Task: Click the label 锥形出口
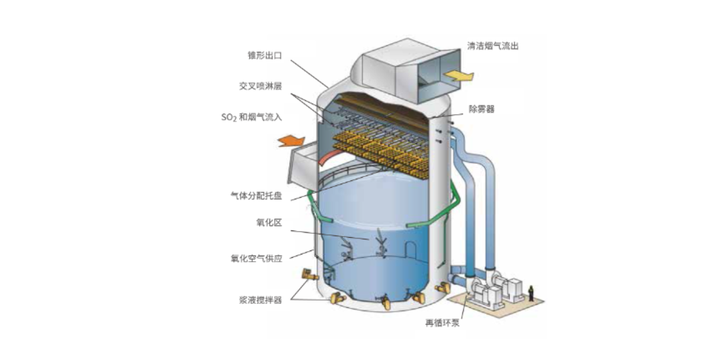pos(265,55)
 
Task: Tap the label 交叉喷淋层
pos(261,86)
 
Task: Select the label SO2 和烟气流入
pos(251,118)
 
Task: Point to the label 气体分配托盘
pos(256,196)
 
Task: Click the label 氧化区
pos(269,222)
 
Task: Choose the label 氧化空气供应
pos(256,258)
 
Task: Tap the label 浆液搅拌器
pos(261,300)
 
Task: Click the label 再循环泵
pos(442,323)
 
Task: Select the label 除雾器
pos(482,109)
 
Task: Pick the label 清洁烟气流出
pos(493,46)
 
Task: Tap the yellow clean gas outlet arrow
pos(458,75)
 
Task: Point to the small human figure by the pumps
pos(531,293)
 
